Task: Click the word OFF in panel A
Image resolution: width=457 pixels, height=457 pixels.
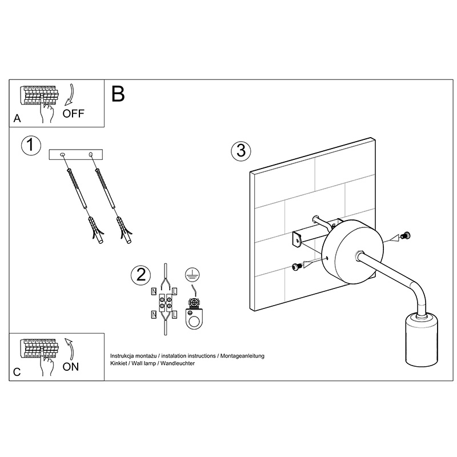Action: click(73, 113)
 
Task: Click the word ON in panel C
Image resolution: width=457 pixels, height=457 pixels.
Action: click(70, 367)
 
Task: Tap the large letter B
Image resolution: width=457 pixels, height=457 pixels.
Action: click(118, 94)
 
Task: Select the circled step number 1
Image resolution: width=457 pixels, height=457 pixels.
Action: click(31, 145)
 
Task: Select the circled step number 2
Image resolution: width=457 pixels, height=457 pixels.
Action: click(141, 275)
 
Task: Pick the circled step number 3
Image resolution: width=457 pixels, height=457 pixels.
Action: click(241, 151)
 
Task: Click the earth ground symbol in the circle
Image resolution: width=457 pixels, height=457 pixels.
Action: click(193, 275)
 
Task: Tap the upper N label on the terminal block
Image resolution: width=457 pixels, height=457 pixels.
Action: click(154, 291)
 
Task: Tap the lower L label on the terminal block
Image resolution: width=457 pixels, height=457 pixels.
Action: click(174, 315)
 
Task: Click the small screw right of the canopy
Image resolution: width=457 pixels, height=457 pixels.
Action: click(405, 235)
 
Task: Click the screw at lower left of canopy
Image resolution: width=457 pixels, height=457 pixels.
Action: click(296, 266)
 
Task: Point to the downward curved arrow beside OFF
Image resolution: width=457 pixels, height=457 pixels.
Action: click(70, 95)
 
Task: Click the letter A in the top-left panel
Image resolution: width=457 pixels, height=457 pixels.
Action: click(17, 119)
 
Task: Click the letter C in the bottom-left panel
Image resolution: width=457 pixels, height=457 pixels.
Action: click(17, 372)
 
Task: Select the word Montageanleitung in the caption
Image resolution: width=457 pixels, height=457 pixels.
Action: click(242, 356)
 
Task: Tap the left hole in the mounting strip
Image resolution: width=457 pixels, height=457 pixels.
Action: click(62, 154)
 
